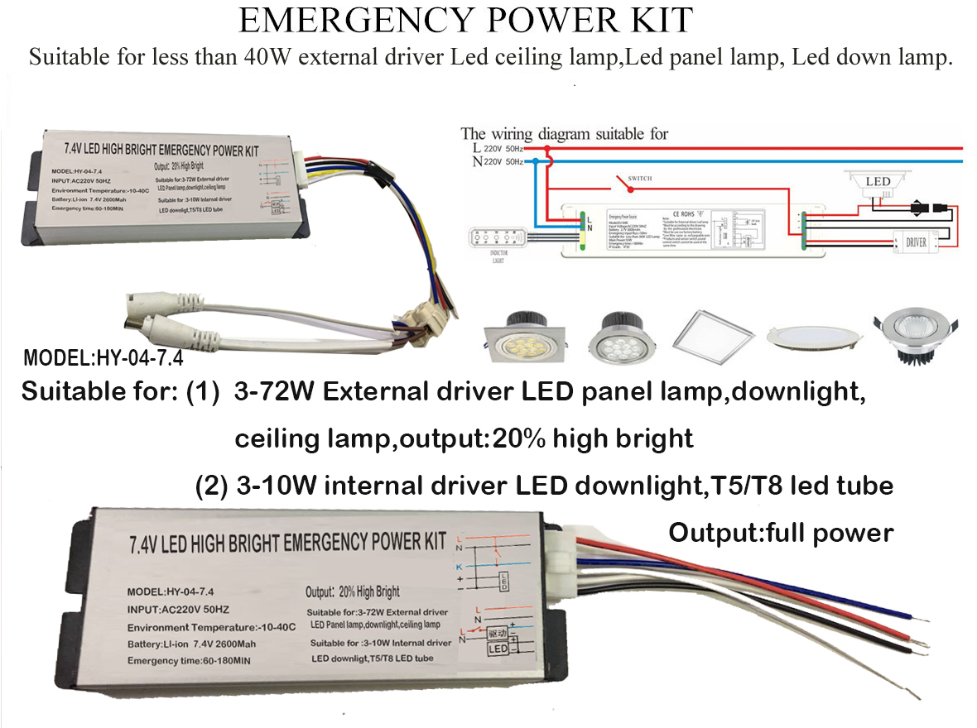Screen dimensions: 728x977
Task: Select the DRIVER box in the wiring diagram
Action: [916, 243]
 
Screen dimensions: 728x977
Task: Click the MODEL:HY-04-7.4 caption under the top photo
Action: [103, 360]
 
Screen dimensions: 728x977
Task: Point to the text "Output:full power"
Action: [781, 532]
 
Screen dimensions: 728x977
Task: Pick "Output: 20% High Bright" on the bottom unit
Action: [353, 591]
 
